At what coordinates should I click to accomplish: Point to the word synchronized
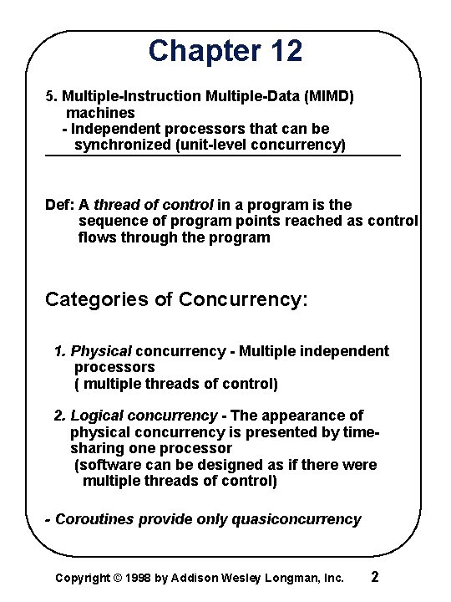122,145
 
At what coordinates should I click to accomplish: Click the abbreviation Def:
59,205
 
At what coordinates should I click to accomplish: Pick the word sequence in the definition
109,221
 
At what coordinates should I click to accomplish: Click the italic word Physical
101,351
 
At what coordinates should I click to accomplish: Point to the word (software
108,465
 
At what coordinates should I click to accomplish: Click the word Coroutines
94,519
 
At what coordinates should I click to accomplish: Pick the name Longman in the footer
295,578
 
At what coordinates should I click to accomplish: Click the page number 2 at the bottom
375,577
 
